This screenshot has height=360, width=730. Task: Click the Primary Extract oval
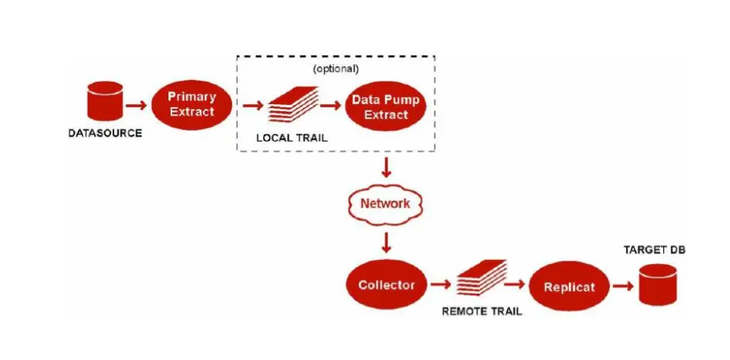coord(192,104)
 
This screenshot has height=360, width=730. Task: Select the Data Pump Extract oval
coord(386,106)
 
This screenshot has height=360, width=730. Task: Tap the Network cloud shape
coord(385,203)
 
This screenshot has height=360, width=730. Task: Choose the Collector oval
coord(386,285)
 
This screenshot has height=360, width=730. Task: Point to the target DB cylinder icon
coord(658,284)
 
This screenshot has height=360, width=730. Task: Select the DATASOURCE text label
coord(105,133)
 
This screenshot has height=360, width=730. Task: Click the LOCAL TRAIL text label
coord(292,137)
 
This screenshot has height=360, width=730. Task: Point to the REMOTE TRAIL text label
coord(481,311)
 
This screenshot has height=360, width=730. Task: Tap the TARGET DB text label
coord(656,250)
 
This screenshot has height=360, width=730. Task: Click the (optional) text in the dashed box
coord(335,68)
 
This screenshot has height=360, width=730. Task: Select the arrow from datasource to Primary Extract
coord(136,104)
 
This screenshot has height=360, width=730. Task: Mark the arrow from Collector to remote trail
coord(439,285)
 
